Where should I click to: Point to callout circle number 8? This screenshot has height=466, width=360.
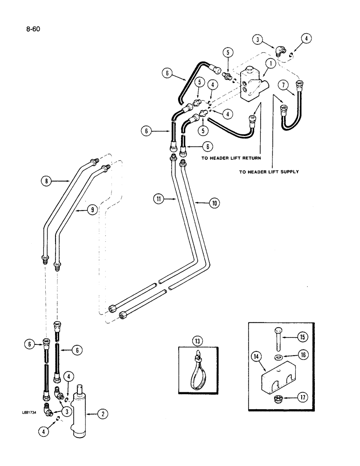tap(46, 179)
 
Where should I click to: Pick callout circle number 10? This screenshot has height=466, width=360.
tap(215, 203)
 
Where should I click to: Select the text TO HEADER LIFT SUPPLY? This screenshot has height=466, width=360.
tap(269, 171)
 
